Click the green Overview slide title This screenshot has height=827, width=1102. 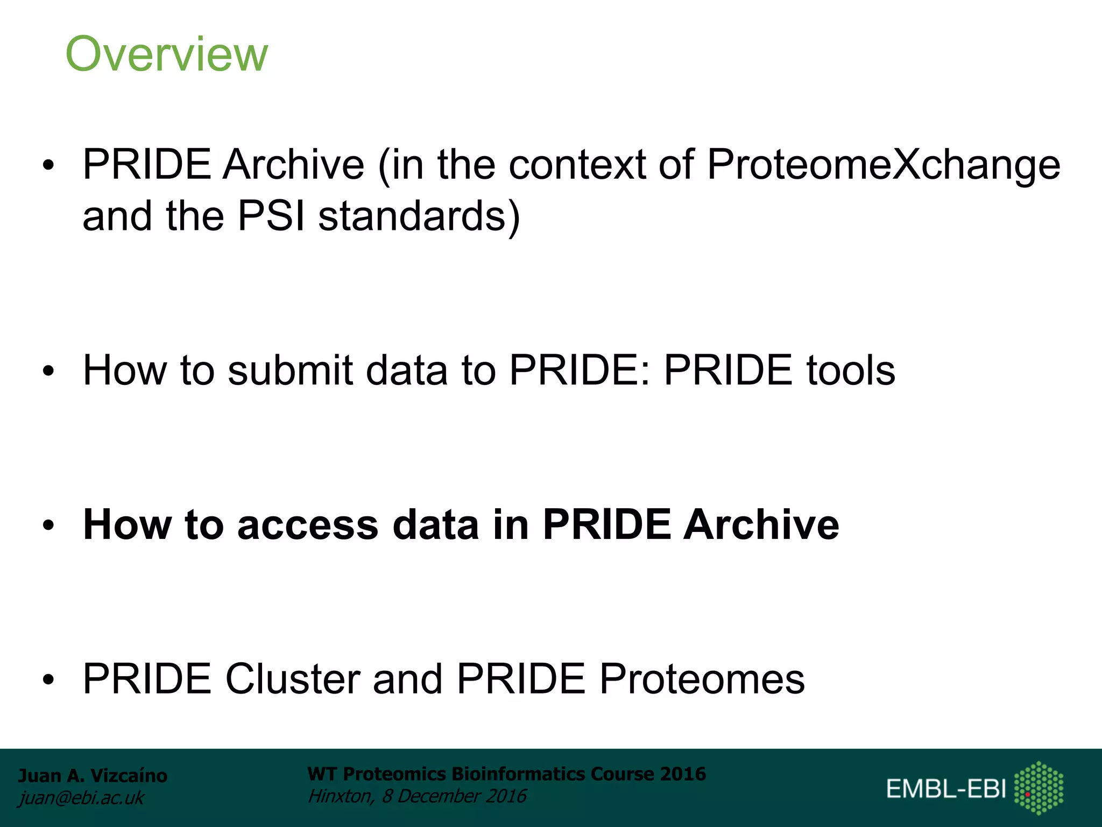point(166,54)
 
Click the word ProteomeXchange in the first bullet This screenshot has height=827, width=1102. point(882,164)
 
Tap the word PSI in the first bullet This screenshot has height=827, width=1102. point(271,216)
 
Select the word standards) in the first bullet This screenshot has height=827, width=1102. point(419,216)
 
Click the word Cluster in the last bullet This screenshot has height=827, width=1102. point(292,678)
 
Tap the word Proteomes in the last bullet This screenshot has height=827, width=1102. point(702,678)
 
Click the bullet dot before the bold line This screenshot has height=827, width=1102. point(49,525)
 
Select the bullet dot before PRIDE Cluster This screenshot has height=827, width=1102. point(49,680)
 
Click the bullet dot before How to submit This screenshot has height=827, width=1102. point(49,372)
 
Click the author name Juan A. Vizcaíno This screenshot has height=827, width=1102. point(93,775)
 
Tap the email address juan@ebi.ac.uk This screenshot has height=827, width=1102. point(81,798)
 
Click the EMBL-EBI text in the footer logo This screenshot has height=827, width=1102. point(946,789)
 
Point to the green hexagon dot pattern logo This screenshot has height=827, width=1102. point(1039,787)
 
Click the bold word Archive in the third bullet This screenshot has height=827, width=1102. point(761,524)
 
